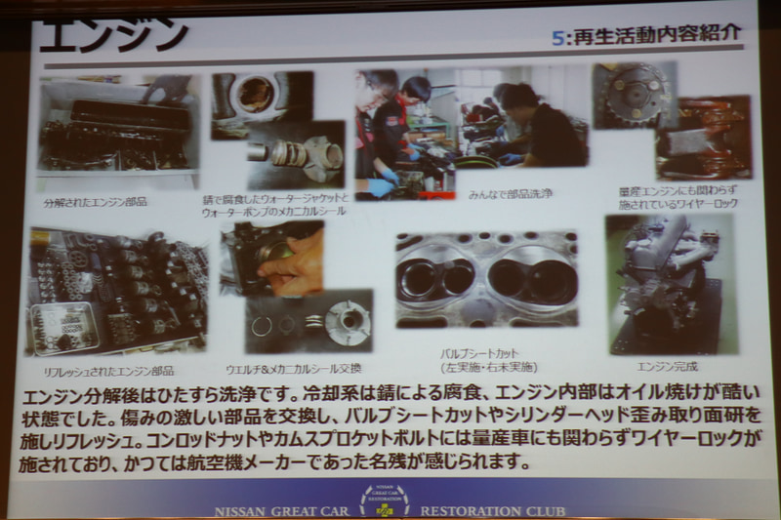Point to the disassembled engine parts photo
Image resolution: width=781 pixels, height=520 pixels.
point(117,127)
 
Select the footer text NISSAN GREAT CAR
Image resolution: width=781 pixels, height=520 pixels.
point(283,509)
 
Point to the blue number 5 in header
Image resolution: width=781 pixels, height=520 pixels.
point(556,36)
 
